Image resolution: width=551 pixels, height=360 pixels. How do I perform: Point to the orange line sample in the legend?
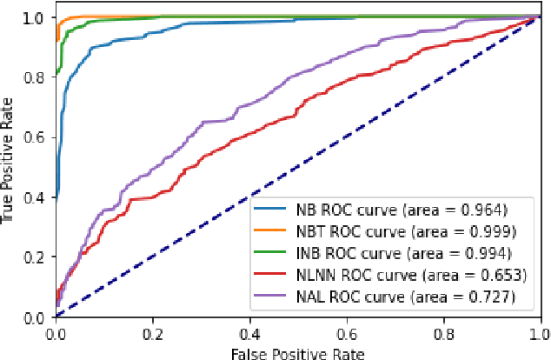coord(269,231)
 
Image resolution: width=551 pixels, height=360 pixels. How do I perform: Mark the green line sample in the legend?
coord(269,254)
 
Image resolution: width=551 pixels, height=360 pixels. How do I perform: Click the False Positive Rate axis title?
coord(298,352)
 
